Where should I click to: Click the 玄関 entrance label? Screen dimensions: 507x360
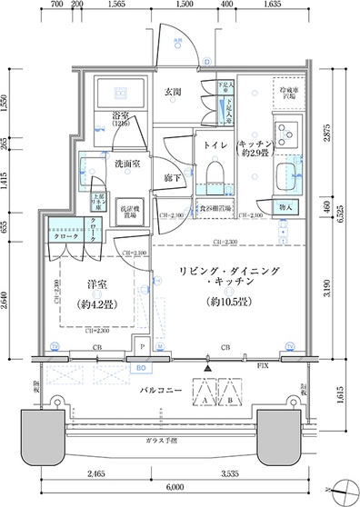pos(175,93)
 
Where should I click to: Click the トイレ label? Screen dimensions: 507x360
pos(215,145)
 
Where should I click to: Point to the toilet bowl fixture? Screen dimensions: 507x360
pos(216,172)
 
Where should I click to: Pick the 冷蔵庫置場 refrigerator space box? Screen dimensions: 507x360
pos(289,94)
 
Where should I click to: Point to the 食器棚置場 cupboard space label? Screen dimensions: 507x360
pos(215,208)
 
